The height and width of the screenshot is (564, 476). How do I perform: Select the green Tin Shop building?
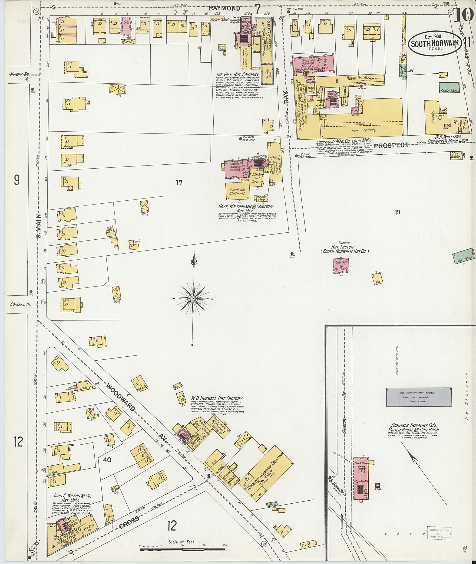click(x=464, y=258)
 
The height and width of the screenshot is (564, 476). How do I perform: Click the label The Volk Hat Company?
click(x=238, y=75)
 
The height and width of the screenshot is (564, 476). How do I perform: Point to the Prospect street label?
click(x=391, y=145)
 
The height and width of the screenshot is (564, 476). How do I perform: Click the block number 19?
click(x=397, y=212)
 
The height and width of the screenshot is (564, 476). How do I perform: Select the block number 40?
click(x=107, y=460)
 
